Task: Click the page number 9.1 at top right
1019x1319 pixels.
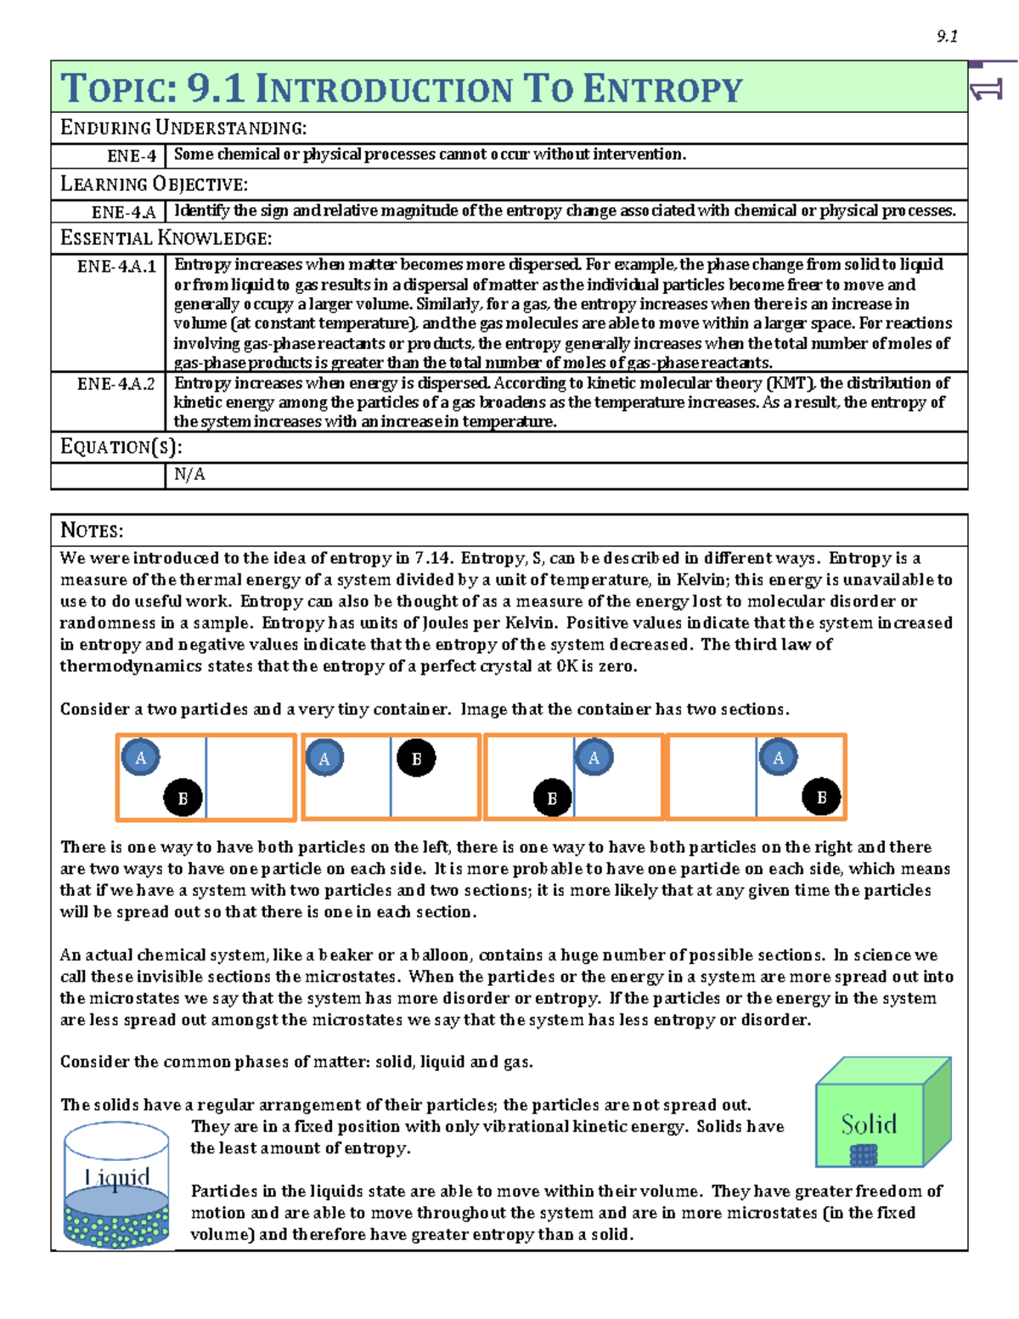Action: (947, 36)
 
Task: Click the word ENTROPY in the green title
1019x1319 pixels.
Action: (662, 89)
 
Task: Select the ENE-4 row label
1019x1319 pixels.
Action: (132, 155)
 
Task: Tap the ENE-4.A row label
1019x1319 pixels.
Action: (124, 211)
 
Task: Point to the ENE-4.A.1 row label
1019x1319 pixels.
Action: (116, 267)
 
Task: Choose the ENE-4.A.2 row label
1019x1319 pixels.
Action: (116, 384)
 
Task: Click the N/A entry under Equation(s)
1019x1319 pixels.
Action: (189, 475)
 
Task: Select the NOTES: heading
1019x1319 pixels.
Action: (92, 531)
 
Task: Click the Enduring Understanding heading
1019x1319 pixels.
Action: (183, 128)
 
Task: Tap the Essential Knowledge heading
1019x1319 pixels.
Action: (166, 239)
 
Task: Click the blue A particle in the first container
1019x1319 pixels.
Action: (141, 758)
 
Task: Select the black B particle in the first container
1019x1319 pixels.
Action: (183, 798)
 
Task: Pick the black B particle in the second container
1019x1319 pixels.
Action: (416, 758)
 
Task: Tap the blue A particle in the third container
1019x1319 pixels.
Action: (594, 758)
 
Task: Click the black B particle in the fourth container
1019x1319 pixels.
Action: (821, 798)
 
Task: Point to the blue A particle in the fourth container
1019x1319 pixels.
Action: (778, 758)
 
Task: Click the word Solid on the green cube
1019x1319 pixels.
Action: (869, 1125)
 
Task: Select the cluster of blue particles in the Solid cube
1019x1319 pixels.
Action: (864, 1154)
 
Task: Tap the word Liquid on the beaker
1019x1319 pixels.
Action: (117, 1177)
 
